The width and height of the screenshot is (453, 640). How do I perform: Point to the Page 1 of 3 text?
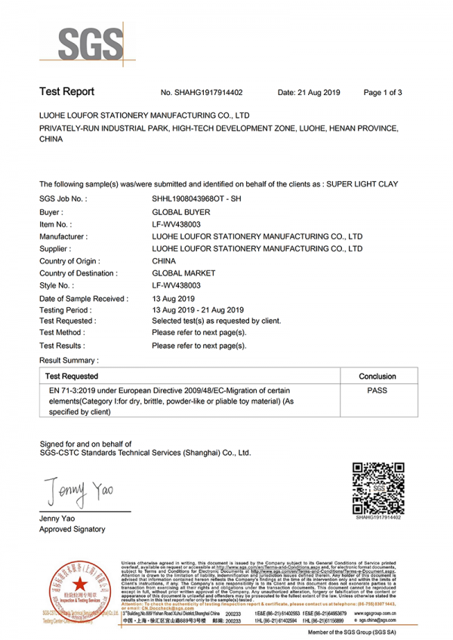[383, 93]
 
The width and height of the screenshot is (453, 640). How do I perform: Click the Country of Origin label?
[71, 260]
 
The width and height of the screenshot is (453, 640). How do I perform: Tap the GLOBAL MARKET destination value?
[183, 273]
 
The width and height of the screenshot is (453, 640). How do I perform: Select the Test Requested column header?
[71, 375]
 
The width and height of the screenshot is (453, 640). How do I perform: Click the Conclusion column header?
[377, 375]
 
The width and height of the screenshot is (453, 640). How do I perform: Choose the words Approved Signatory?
[72, 529]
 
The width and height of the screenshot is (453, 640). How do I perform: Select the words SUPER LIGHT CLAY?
[364, 184]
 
